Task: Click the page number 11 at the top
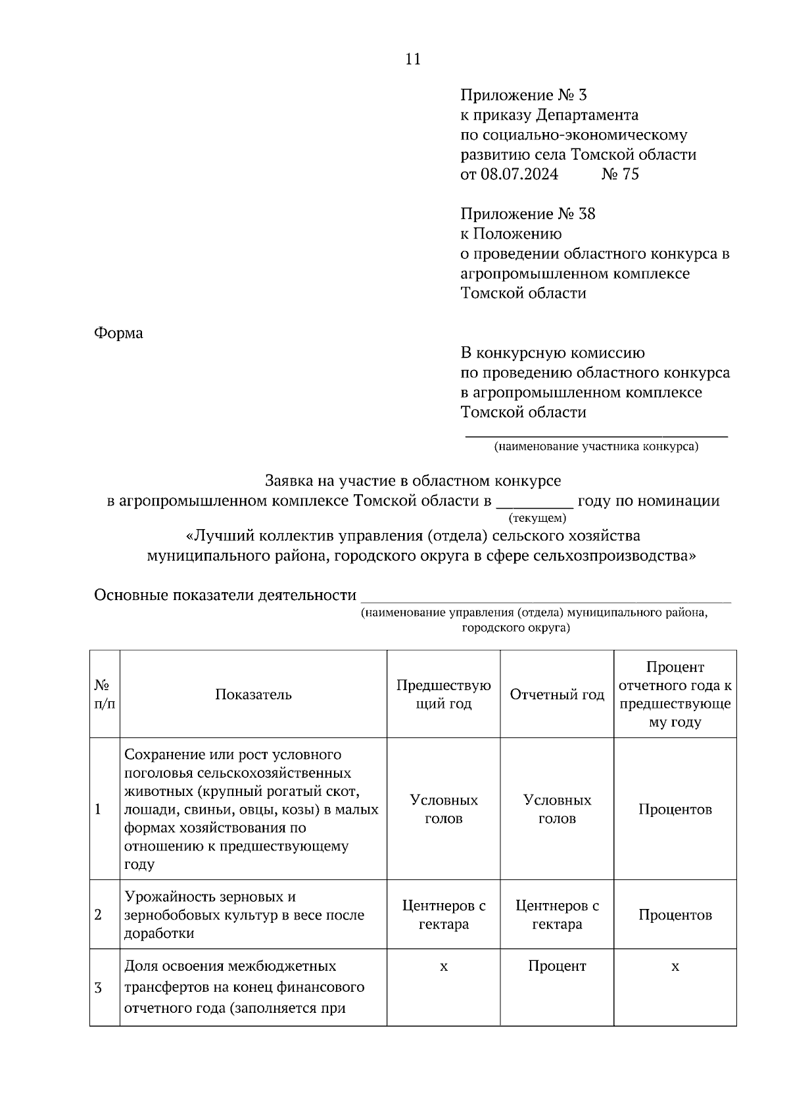413,59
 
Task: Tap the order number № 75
620,174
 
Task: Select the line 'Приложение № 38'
527,214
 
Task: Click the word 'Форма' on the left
118,333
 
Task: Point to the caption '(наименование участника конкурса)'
596,447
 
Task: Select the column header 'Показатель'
253,695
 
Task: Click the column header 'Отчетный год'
557,695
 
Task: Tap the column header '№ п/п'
105,695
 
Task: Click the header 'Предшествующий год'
443,695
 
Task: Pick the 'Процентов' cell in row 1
675,810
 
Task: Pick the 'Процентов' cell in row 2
675,915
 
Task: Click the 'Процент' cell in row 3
557,966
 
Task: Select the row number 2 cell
99,915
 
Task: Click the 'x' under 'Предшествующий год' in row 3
443,967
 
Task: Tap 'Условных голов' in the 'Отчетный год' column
557,810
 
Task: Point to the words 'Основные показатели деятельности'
225,595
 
